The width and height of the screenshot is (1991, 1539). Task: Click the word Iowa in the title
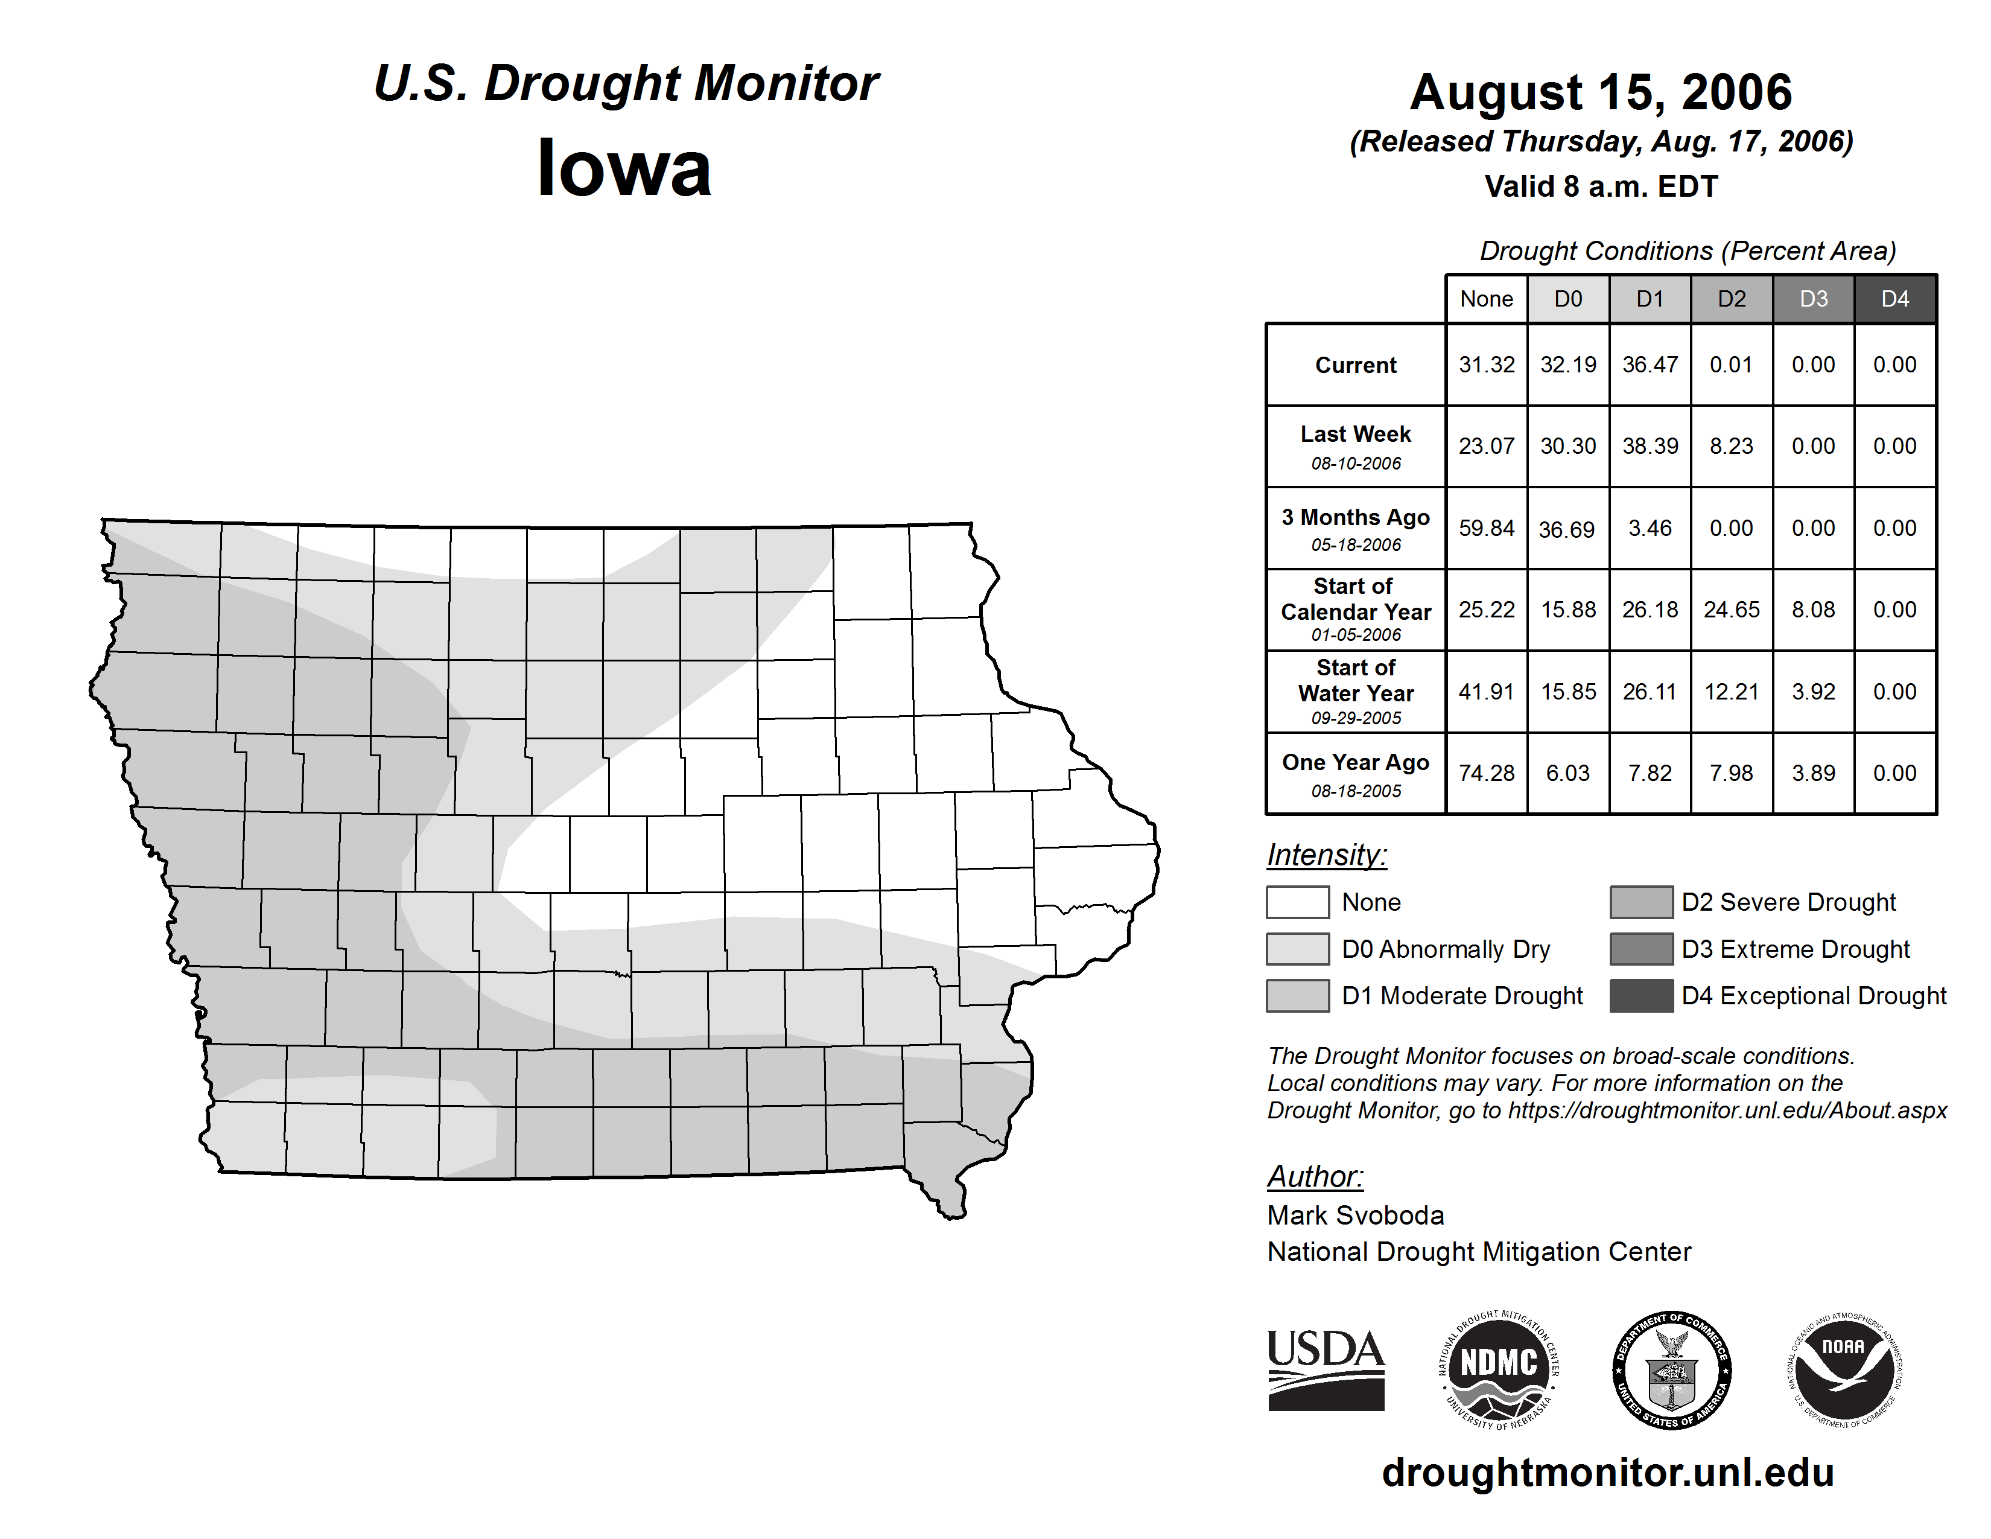(x=624, y=168)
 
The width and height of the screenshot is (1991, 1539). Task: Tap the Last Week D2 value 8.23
(x=1730, y=446)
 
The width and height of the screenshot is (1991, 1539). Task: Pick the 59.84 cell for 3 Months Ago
(x=1486, y=528)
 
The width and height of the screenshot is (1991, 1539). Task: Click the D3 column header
(x=1812, y=299)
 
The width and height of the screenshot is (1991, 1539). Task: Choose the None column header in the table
(x=1486, y=299)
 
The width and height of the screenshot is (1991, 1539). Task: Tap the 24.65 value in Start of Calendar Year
(x=1730, y=609)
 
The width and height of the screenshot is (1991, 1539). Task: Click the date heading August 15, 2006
(x=1601, y=92)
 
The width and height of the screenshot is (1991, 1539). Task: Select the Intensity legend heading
(x=1326, y=855)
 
